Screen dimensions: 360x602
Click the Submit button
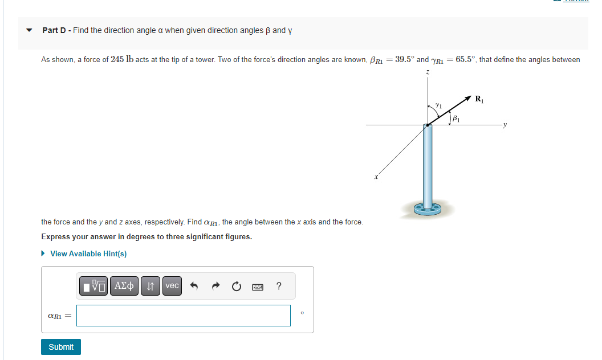click(x=61, y=347)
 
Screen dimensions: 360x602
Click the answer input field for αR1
click(x=184, y=316)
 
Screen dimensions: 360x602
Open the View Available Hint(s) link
click(x=88, y=253)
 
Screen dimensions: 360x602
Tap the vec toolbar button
click(x=172, y=286)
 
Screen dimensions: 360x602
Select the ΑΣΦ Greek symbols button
click(x=124, y=286)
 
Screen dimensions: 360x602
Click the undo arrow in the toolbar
click(x=194, y=286)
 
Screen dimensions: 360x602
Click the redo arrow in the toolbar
click(x=215, y=286)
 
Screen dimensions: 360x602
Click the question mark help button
click(x=278, y=286)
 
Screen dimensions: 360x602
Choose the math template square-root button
click(x=94, y=286)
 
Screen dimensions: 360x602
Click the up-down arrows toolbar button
click(x=150, y=286)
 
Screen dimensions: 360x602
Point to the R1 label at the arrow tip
click(x=479, y=99)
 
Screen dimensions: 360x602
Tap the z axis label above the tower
click(x=428, y=73)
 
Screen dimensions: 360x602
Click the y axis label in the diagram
click(x=505, y=125)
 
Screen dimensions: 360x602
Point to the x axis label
click(x=376, y=178)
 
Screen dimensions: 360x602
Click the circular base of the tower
click(x=428, y=209)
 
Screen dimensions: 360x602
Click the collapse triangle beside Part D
click(x=29, y=30)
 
